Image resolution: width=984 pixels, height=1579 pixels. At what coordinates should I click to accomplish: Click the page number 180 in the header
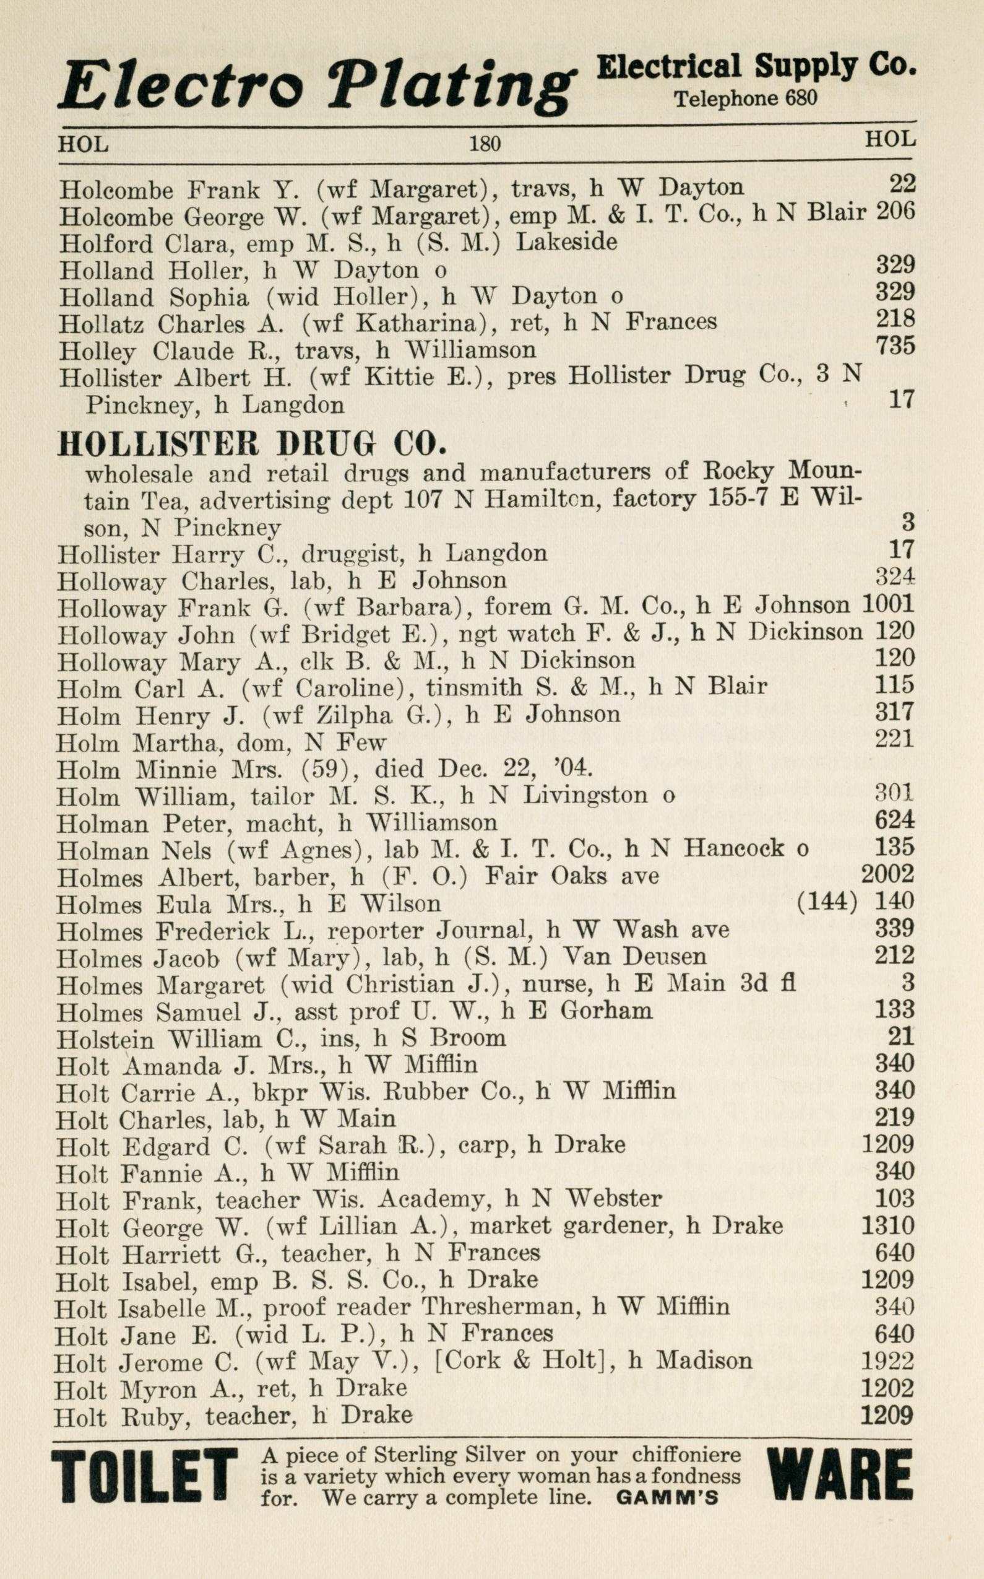[485, 142]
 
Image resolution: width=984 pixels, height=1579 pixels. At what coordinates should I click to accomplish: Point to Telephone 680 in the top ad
[745, 98]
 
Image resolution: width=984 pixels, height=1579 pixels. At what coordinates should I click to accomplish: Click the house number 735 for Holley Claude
[896, 346]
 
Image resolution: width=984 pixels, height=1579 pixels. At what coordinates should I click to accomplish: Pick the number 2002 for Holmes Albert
[887, 874]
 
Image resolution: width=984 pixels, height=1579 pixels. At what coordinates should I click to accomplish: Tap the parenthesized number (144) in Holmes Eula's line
[827, 902]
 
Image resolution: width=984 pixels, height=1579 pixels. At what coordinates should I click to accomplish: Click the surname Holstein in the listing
[103, 1038]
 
